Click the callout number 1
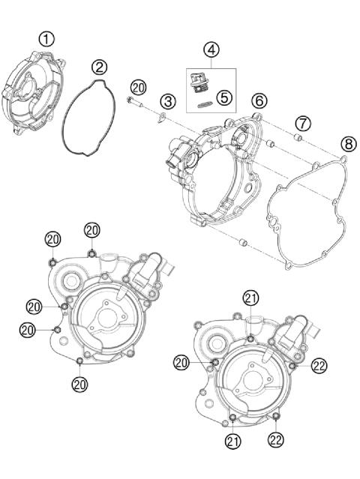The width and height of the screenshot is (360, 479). (x=46, y=38)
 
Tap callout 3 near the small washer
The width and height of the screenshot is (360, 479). (x=167, y=100)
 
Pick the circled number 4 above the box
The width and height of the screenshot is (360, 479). (x=211, y=50)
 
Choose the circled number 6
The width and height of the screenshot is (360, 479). (x=258, y=100)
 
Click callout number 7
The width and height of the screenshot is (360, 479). (x=301, y=121)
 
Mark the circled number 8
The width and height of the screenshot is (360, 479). (x=347, y=143)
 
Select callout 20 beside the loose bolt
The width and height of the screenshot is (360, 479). (x=138, y=86)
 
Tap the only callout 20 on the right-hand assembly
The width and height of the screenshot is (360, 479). (x=181, y=362)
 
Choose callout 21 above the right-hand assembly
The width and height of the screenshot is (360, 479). (x=250, y=298)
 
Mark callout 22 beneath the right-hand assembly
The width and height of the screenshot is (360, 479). (x=277, y=440)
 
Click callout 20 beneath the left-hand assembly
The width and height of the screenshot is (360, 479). (x=80, y=384)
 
